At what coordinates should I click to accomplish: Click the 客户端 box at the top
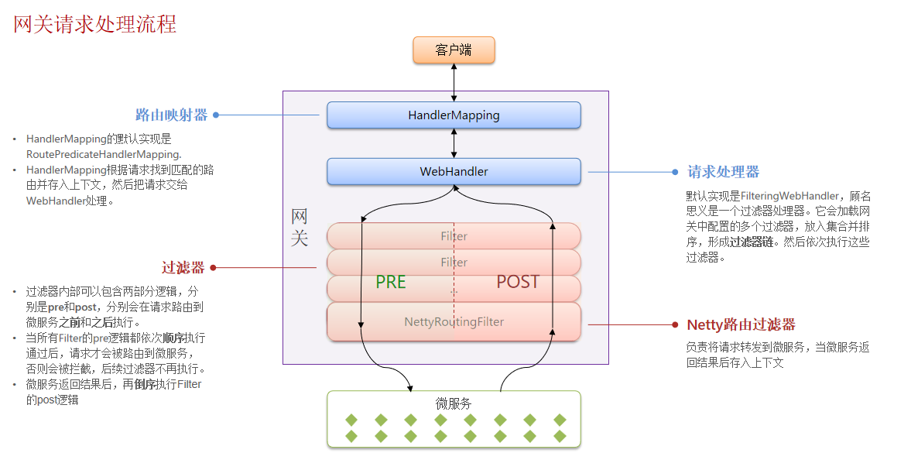[454, 50]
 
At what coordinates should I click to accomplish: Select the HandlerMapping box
[454, 115]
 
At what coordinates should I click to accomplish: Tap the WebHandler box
[454, 171]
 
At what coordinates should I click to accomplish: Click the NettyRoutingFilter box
[454, 321]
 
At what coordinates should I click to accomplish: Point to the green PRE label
[391, 282]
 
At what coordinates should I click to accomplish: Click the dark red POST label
[518, 282]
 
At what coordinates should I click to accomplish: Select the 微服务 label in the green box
[454, 403]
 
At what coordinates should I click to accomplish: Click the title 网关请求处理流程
[95, 24]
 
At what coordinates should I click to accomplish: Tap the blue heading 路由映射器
[172, 115]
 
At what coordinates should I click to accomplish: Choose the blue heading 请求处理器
[724, 172]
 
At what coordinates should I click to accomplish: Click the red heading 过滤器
[183, 268]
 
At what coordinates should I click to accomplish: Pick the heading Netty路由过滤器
[741, 324]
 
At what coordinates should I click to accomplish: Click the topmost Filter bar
[454, 236]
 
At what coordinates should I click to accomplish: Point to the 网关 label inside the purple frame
[300, 227]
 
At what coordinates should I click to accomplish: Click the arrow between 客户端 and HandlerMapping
[454, 82]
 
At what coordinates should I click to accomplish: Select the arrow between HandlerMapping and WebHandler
[454, 143]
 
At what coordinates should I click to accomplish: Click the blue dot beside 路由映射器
[216, 115]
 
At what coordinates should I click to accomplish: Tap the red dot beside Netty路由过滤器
[677, 324]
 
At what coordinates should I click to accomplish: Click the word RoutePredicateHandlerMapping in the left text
[103, 154]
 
